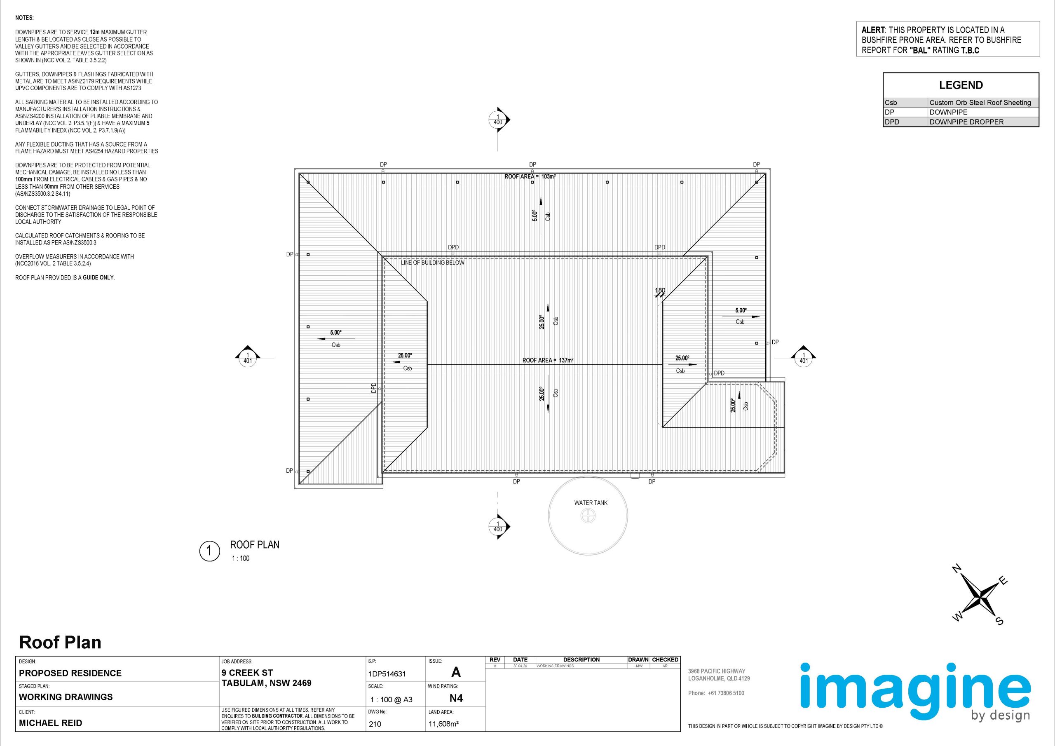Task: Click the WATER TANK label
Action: tap(591, 503)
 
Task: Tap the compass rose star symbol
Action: tap(981, 599)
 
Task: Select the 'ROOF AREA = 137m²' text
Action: tap(548, 360)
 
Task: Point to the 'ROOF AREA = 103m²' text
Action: tap(530, 176)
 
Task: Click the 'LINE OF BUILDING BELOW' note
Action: tap(432, 263)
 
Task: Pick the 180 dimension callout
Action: tap(659, 291)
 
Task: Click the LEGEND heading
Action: tap(961, 85)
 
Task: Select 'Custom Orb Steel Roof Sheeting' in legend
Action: tap(980, 103)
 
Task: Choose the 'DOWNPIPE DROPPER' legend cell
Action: tap(966, 122)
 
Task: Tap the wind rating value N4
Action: tap(456, 698)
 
